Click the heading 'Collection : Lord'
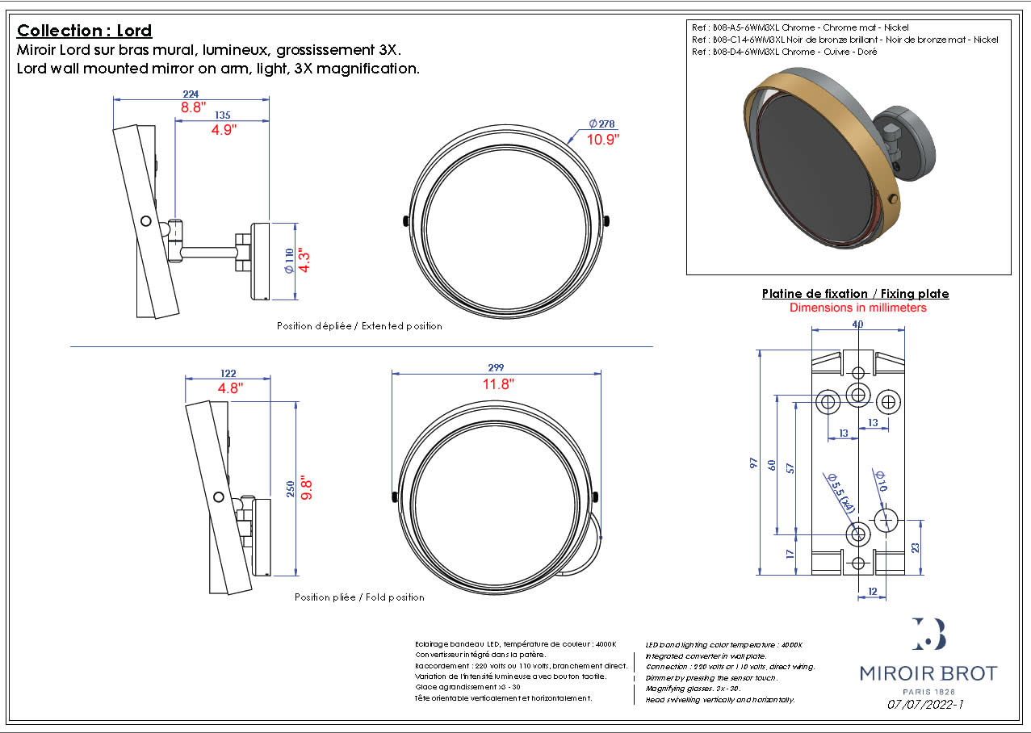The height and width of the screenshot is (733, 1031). pyautogui.click(x=84, y=31)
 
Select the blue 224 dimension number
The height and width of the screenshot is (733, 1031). pyautogui.click(x=191, y=94)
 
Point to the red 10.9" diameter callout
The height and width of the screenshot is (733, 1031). pyautogui.click(x=603, y=139)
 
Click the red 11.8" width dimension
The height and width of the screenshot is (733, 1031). pyautogui.click(x=498, y=384)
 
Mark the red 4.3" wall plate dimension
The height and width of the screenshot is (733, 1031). pyautogui.click(x=305, y=260)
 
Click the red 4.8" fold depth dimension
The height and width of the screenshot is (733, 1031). pyautogui.click(x=229, y=387)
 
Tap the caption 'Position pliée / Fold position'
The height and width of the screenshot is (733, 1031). pyautogui.click(x=359, y=597)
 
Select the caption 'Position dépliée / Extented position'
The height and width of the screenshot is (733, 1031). pyautogui.click(x=359, y=326)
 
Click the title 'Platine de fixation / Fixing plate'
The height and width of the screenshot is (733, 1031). pyautogui.click(x=855, y=294)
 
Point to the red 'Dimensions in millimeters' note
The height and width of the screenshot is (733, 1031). pyautogui.click(x=857, y=308)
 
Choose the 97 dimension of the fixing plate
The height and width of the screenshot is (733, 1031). pyautogui.click(x=754, y=463)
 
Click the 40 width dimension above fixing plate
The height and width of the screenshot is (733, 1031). pyautogui.click(x=857, y=324)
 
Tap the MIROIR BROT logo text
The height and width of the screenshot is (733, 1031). pyautogui.click(x=928, y=673)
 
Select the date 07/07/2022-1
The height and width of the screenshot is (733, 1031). pyautogui.click(x=925, y=704)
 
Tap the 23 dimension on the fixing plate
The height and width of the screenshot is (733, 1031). pyautogui.click(x=915, y=547)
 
